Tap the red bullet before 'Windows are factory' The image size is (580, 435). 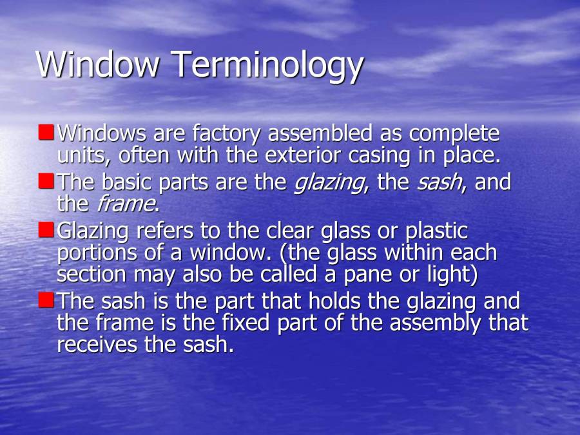click(x=46, y=132)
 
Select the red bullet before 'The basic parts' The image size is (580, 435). click(x=46, y=180)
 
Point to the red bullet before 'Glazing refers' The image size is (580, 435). click(x=46, y=229)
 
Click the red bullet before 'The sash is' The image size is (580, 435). click(x=46, y=299)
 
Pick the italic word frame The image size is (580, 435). click(x=125, y=204)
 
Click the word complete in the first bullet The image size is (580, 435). click(x=454, y=135)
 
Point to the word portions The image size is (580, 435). click(x=97, y=253)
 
